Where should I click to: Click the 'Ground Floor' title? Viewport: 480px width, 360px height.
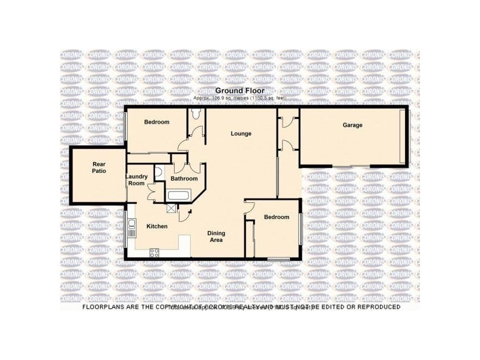[239, 91]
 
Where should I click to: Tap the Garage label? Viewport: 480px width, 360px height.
[352, 125]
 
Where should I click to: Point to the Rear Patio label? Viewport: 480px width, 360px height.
[99, 167]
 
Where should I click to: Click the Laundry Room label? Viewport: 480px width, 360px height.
[136, 179]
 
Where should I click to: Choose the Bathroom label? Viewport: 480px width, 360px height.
[184, 179]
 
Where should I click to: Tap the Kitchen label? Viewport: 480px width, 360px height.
[157, 226]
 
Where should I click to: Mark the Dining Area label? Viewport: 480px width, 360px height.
[215, 236]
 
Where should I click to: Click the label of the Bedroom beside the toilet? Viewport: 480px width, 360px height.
[157, 122]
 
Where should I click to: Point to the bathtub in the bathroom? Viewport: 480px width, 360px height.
[178, 196]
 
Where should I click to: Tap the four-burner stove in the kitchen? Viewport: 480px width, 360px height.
[154, 252]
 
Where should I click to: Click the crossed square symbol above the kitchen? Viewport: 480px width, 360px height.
[173, 208]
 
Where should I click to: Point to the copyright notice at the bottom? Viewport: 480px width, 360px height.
[240, 307]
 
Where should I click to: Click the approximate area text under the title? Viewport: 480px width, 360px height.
[239, 98]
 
